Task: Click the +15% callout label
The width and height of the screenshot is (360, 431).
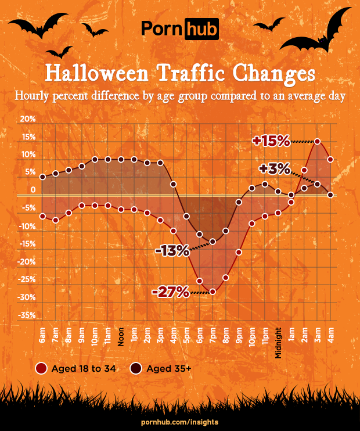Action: [x=271, y=141]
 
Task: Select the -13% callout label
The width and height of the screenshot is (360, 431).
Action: [x=172, y=251]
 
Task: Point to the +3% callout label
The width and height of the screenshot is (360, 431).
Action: [x=275, y=169]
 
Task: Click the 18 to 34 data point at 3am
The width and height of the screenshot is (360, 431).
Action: [x=318, y=141]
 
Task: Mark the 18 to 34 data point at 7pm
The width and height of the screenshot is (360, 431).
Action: [x=213, y=292]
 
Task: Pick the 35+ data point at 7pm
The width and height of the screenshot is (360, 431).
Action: [x=213, y=242]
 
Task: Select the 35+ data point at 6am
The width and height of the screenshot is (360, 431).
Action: [x=42, y=177]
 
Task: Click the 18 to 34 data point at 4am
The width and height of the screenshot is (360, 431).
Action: [x=330, y=159]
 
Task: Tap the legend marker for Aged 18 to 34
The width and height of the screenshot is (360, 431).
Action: [x=41, y=369]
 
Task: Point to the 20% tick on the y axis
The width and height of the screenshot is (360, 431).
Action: [x=28, y=118]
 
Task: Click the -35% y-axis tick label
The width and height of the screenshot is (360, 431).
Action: [x=28, y=315]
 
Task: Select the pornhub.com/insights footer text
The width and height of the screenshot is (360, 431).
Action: [x=180, y=421]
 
